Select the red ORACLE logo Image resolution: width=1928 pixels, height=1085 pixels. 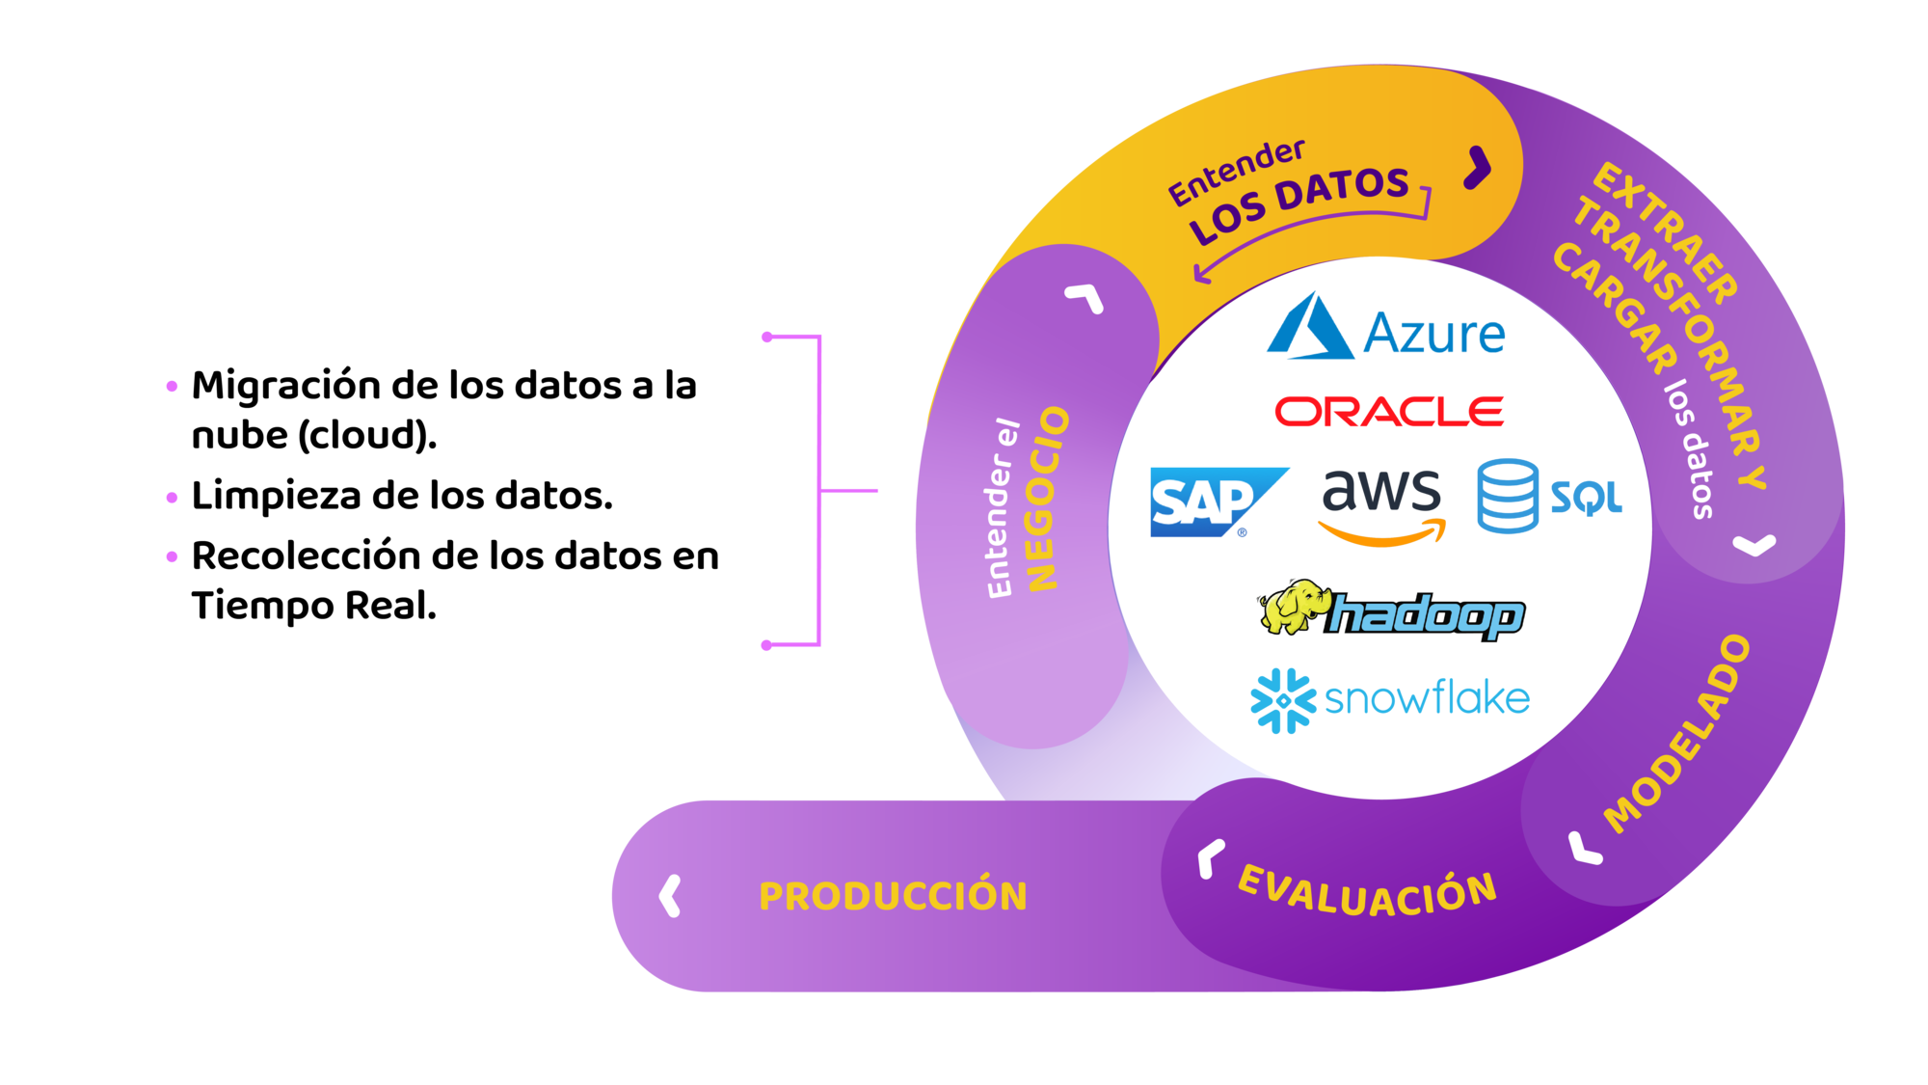pyautogui.click(x=1389, y=411)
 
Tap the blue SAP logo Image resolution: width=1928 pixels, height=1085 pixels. pyautogui.click(x=1218, y=502)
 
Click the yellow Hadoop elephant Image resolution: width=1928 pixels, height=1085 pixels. pyautogui.click(x=1291, y=606)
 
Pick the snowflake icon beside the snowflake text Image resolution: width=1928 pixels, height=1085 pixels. pyautogui.click(x=1283, y=700)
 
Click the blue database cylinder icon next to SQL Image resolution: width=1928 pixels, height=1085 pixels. pyautogui.click(x=1507, y=496)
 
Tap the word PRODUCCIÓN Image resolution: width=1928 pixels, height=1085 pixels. pyautogui.click(x=893, y=896)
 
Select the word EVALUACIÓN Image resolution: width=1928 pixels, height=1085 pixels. pyautogui.click(x=1367, y=892)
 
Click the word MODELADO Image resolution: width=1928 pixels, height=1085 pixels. pyautogui.click(x=1678, y=734)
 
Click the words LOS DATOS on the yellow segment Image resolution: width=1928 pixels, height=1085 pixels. pyautogui.click(x=1299, y=204)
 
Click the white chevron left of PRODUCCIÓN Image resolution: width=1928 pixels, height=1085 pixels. pyautogui.click(x=670, y=896)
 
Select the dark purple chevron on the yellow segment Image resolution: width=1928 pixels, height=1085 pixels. pyautogui.click(x=1478, y=168)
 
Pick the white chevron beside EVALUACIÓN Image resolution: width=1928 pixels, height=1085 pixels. pyautogui.click(x=1210, y=858)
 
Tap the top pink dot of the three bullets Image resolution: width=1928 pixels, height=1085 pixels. pyautogui.click(x=173, y=387)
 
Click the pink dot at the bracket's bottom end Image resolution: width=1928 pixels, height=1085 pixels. pyautogui.click(x=767, y=645)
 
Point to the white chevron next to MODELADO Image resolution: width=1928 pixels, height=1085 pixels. pyautogui.click(x=1584, y=849)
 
